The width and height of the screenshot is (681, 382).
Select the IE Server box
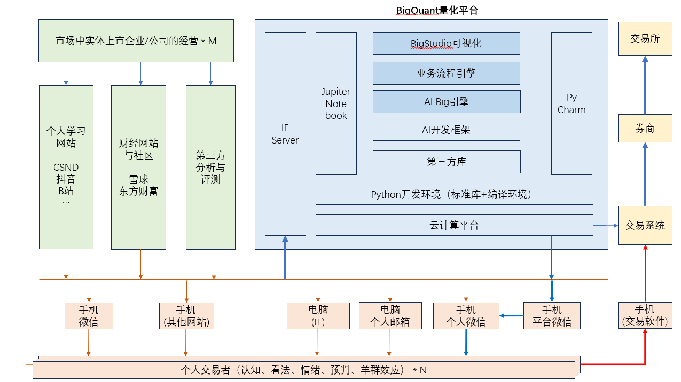coord(285,134)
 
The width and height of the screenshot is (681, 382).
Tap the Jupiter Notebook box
coord(336,104)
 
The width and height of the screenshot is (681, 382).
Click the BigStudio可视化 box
coord(446,43)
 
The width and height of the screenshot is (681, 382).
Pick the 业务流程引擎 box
coord(446,73)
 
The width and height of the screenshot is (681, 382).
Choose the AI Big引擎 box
coord(446,101)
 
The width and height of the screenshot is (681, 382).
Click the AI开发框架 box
coord(446,130)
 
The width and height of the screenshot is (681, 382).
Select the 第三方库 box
coord(446,162)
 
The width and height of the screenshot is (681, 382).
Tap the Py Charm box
coord(572,104)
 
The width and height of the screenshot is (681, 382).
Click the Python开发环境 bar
coord(454,194)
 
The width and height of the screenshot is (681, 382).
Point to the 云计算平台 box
coord(454,225)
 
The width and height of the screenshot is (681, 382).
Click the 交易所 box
coord(645,39)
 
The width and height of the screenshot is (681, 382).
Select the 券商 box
coord(645,128)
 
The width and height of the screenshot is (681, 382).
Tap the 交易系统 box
coord(645,225)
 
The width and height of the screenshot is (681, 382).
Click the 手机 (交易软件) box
coord(644,315)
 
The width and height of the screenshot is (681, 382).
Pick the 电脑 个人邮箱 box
coord(390,315)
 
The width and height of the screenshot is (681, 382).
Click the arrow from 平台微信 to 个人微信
coord(511,315)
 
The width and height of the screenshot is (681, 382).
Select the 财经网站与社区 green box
coord(138,168)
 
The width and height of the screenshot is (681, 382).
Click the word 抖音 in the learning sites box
coord(66,179)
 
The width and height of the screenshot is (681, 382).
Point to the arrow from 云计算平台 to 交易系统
coord(606,225)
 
